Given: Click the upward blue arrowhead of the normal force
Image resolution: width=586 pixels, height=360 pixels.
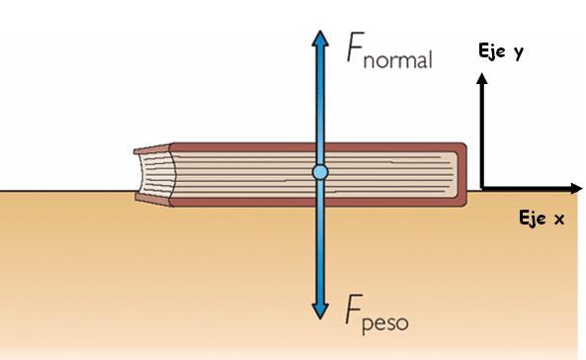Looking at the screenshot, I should [319, 37].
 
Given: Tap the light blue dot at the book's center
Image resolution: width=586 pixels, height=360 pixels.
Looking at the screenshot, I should [319, 172].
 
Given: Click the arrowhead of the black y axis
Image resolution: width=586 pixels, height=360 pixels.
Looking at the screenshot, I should [482, 82].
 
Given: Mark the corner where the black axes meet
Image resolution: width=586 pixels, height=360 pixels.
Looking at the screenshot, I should [482, 188].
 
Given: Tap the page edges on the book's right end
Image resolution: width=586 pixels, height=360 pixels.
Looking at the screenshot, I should [459, 173].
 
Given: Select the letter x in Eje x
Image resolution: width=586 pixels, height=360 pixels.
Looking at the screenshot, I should [558, 220].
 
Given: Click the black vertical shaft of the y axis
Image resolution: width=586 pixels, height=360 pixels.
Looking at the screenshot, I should [482, 138].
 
